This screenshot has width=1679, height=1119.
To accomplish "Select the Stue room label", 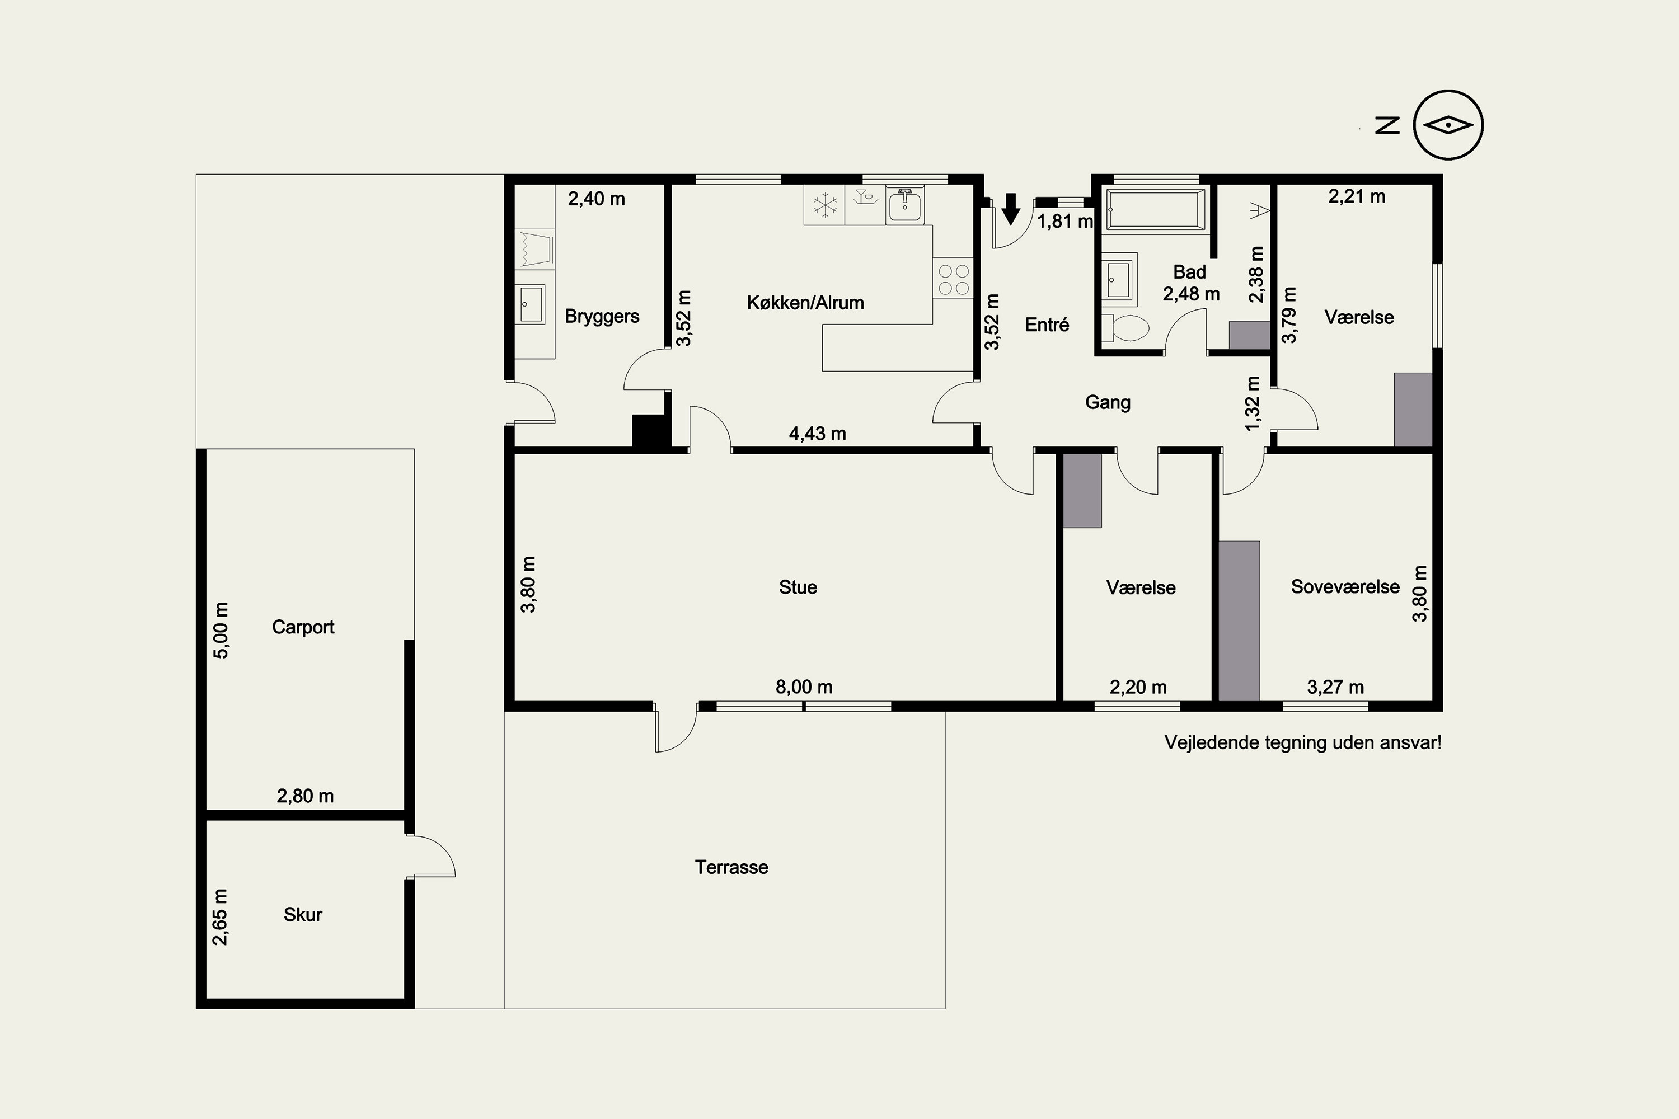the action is coord(798,587).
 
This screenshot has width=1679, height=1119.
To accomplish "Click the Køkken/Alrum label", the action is coord(805,303).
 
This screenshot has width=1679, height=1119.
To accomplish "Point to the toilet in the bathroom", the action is coord(1125,328).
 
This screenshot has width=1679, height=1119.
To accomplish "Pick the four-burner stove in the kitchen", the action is coord(953,279).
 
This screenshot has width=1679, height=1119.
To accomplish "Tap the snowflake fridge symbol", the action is coord(825,205).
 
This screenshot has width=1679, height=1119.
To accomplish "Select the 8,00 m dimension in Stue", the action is coord(804,687).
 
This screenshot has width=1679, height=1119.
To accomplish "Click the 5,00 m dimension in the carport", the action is coord(221,630).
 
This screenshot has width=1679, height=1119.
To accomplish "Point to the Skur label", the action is coord(303,915).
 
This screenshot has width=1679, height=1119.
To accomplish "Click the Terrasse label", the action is coord(731,868).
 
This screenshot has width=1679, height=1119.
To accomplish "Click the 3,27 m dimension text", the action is coord(1335,687).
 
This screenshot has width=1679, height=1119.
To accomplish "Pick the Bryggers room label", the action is coord(602,317).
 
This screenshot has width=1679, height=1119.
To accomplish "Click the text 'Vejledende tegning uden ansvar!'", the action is coord(1303,743).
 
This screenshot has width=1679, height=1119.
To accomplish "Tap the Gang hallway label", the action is coord(1108,402).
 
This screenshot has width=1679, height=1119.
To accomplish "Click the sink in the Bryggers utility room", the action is coord(531,304).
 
